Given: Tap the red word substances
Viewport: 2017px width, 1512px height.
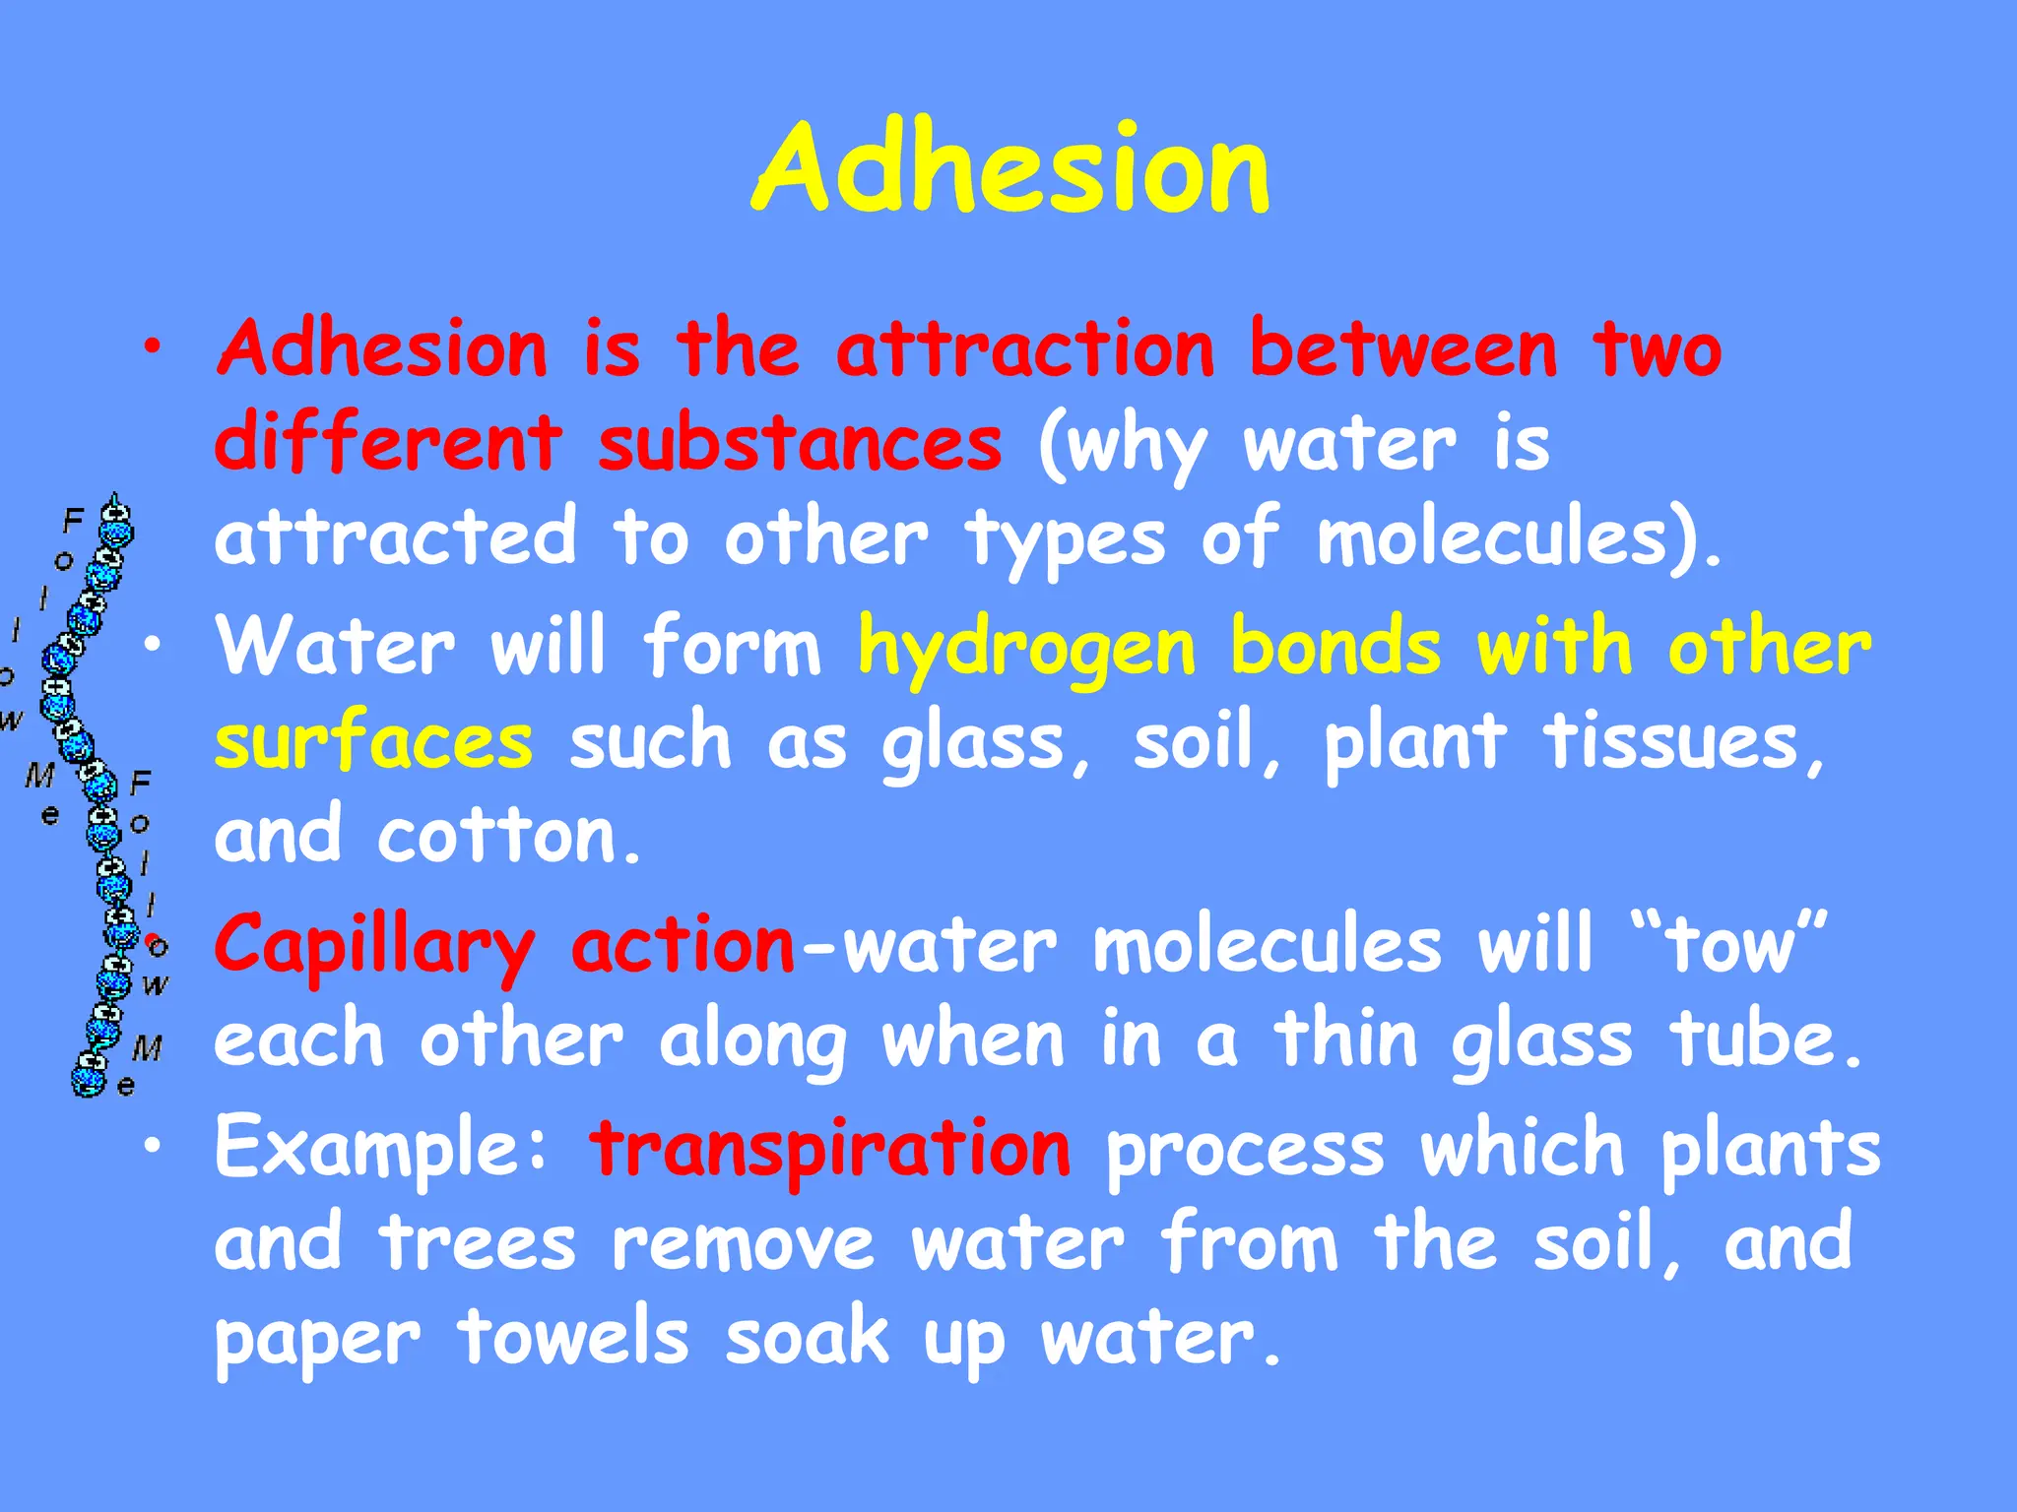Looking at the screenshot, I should click(800, 443).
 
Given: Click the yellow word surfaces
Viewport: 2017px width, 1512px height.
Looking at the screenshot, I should click(374, 742).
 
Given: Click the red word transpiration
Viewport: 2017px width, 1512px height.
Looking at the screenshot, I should click(829, 1148).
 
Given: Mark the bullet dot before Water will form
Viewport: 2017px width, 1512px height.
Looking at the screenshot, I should click(152, 645).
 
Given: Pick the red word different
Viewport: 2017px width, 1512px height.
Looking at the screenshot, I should click(388, 443).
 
